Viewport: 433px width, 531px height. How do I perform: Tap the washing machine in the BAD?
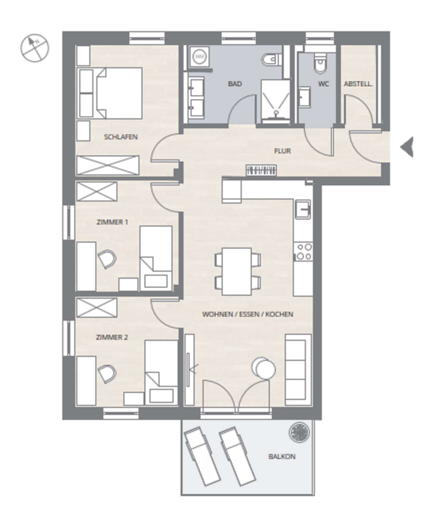(199, 57)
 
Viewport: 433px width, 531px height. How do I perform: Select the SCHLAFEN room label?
(120, 137)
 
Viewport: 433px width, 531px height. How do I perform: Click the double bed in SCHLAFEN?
(110, 93)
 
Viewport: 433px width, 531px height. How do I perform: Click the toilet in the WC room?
(319, 63)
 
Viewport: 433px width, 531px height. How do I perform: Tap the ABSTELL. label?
(358, 84)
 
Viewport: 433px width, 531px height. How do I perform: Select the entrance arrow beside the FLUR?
(406, 147)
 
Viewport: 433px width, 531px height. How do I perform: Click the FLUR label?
(283, 150)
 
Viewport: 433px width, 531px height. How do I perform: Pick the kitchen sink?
(303, 209)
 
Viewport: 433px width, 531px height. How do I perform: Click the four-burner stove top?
(303, 251)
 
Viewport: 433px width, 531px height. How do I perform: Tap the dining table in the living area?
(237, 271)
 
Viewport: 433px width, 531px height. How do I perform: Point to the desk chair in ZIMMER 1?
(107, 259)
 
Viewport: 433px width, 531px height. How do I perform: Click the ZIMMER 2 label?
(112, 337)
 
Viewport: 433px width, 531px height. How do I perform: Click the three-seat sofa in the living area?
(298, 369)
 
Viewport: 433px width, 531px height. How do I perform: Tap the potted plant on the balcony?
(299, 432)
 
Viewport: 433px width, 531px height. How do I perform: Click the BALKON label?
(281, 457)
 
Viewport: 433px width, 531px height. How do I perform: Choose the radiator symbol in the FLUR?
(261, 171)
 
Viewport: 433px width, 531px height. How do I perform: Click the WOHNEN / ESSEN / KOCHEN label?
(248, 314)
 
